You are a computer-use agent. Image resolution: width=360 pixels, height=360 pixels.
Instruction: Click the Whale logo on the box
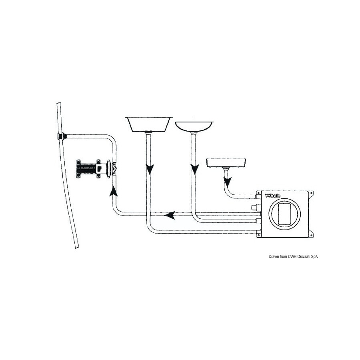point(272,196)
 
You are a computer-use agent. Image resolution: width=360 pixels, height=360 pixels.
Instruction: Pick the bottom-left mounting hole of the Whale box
point(258,235)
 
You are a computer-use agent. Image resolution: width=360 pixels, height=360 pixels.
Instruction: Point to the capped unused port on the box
point(255,207)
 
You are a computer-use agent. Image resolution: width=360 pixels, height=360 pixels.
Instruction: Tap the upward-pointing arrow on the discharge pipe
point(114,191)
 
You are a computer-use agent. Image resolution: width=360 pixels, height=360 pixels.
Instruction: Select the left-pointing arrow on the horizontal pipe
point(170,215)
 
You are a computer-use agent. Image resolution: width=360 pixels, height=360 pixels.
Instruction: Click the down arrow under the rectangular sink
point(150,170)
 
